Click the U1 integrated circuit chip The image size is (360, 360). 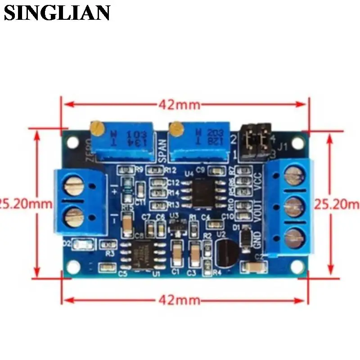point(144,255)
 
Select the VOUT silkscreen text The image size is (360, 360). point(258,211)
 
